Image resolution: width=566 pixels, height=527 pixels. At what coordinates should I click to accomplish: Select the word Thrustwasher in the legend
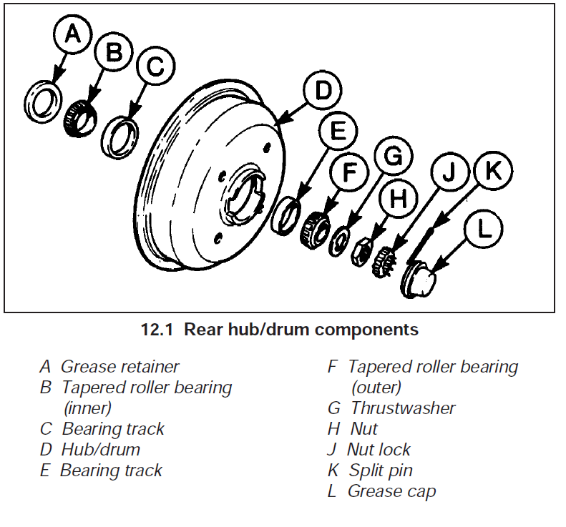click(x=403, y=408)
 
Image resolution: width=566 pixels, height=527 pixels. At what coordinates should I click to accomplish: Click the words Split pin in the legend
click(x=381, y=471)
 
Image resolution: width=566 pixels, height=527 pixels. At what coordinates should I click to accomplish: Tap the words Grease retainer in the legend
click(x=119, y=367)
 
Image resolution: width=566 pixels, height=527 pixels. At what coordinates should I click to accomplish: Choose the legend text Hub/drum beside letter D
click(x=100, y=450)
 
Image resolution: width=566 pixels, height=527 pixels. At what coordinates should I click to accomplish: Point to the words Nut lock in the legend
click(x=379, y=450)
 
